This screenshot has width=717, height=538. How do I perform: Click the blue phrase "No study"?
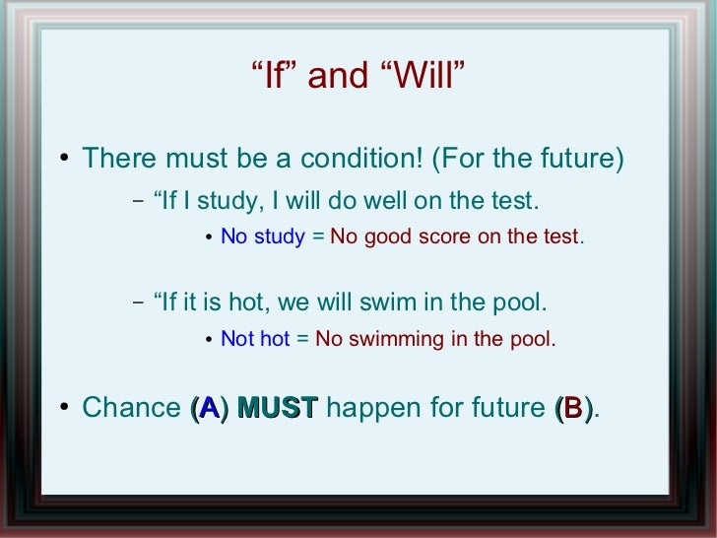tap(263, 237)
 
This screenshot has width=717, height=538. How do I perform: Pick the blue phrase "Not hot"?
tap(255, 339)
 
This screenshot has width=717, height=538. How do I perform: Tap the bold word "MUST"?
tap(278, 407)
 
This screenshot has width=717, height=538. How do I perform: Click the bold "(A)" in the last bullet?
tap(208, 407)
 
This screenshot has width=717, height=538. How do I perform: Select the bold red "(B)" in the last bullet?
tap(574, 407)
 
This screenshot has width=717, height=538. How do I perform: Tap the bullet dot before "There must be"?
tap(64, 160)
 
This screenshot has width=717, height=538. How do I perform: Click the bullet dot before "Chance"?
tap(64, 408)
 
